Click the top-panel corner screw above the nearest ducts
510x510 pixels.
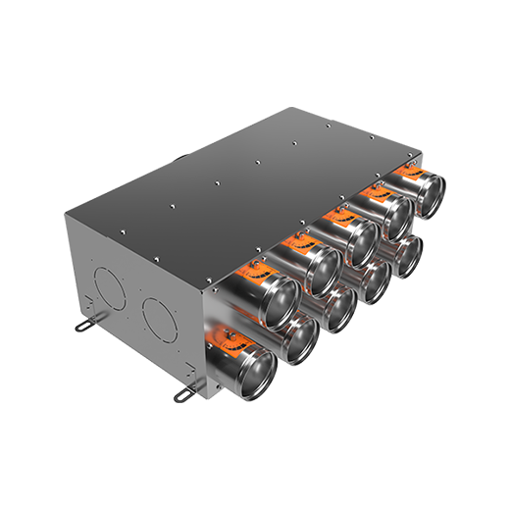point(213,278)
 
